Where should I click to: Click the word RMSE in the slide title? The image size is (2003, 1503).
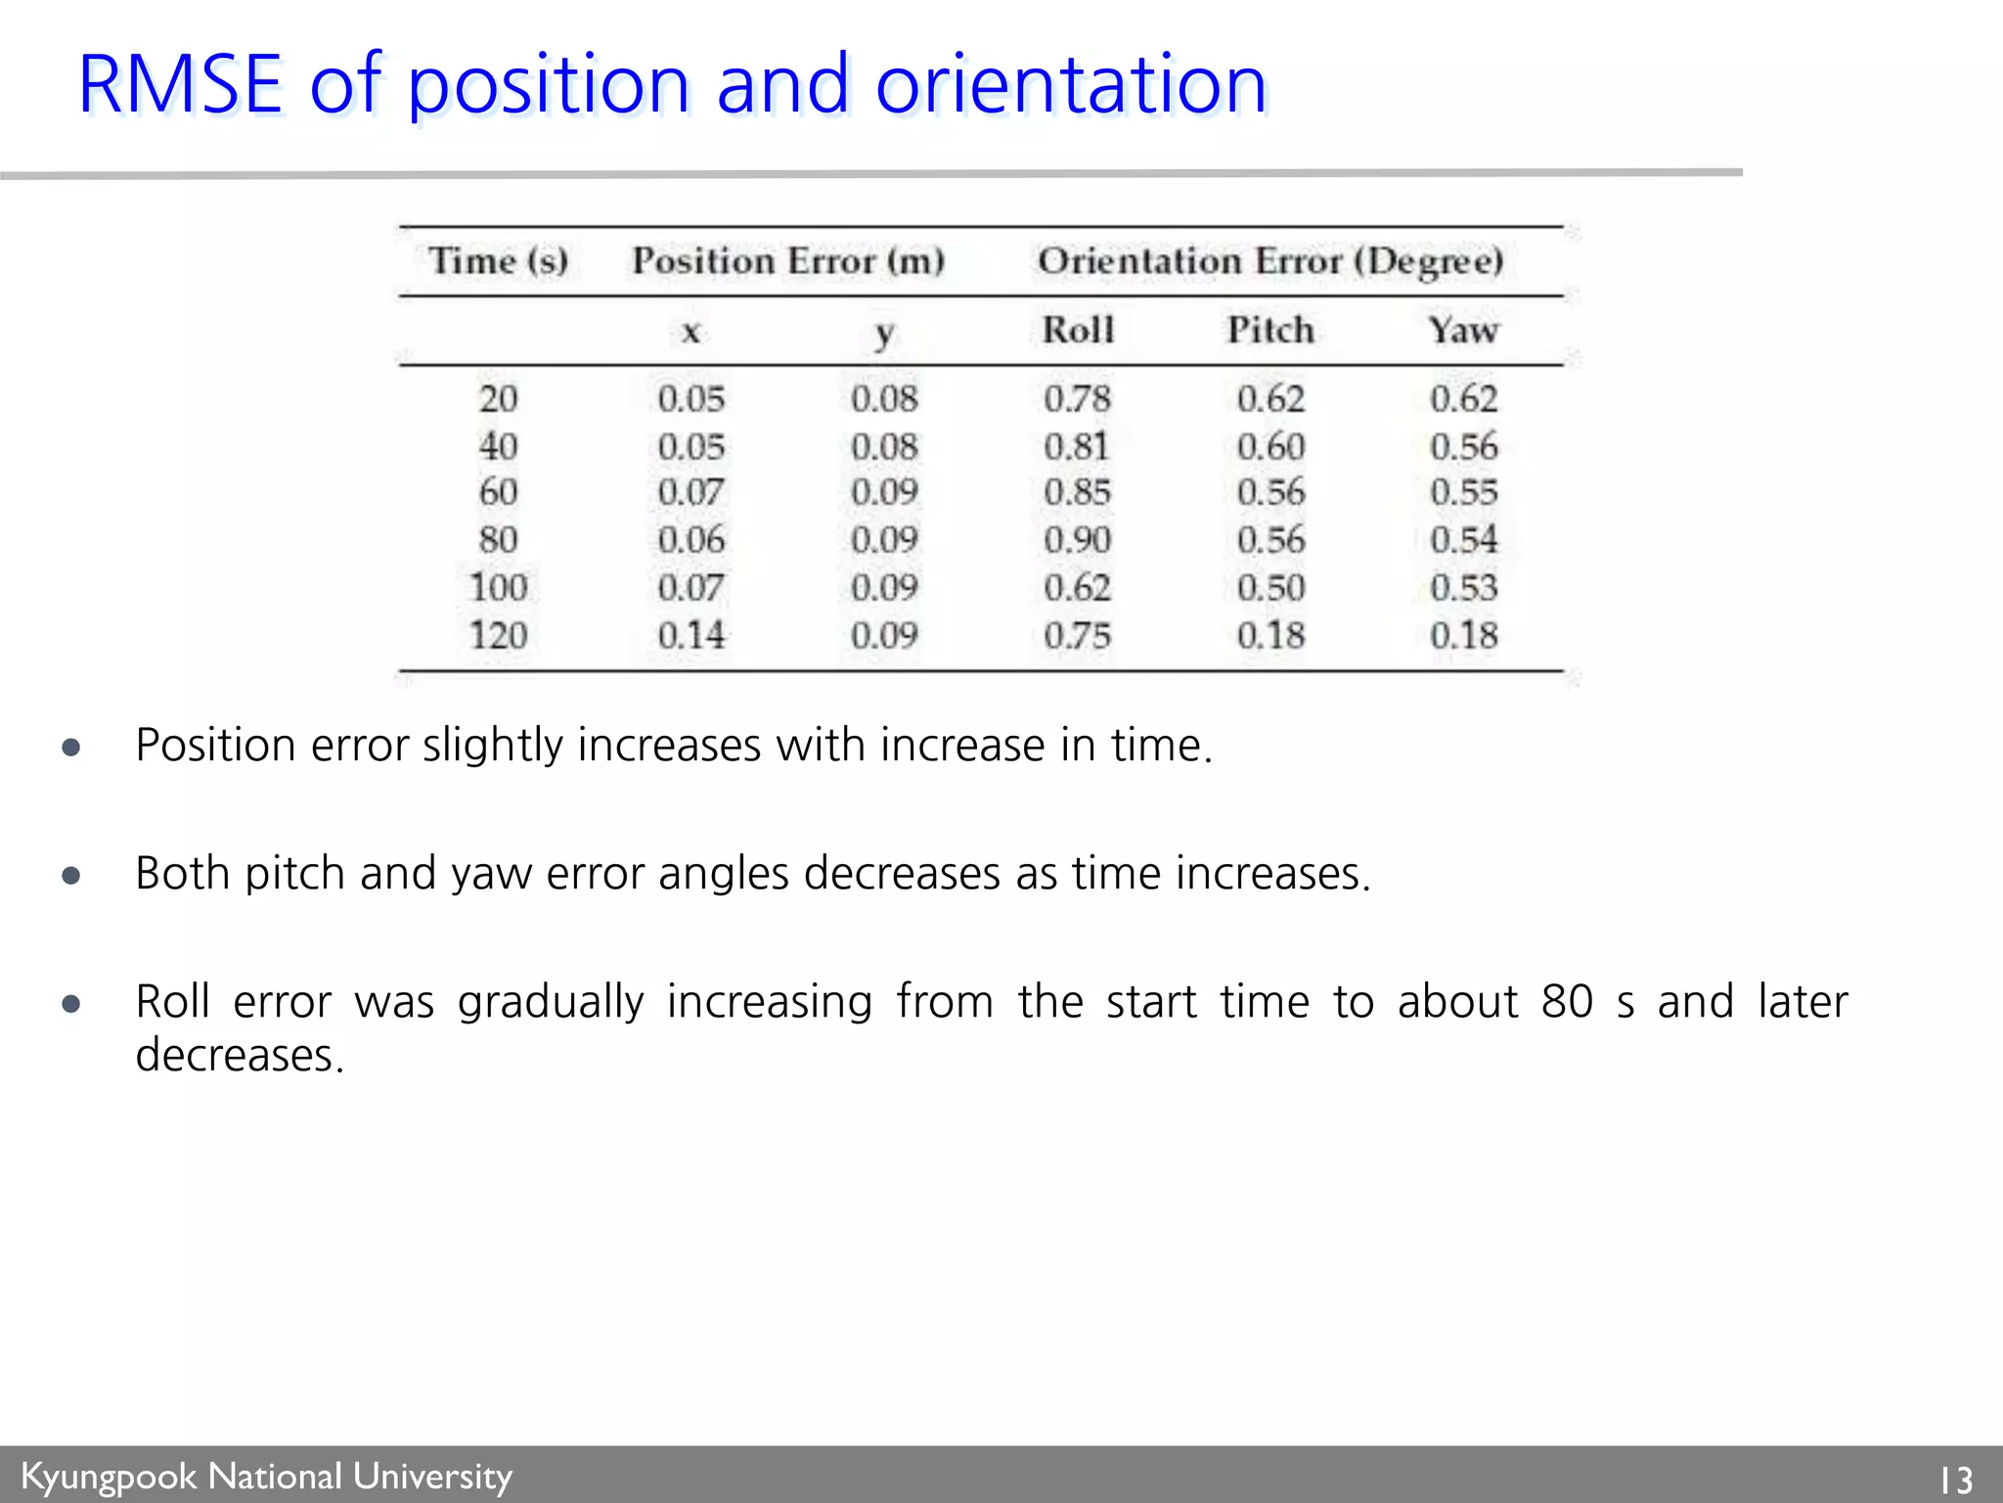coord(181,85)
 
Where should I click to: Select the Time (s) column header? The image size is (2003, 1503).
coord(498,261)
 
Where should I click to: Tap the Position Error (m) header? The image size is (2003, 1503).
coord(788,261)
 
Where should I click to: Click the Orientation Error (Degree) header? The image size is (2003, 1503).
coord(1270,261)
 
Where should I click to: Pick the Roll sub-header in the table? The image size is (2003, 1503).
coord(1078,331)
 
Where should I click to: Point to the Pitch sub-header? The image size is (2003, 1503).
coord(1270,331)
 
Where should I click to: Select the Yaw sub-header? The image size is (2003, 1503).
coord(1463,331)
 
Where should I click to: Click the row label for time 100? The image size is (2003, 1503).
coord(498,588)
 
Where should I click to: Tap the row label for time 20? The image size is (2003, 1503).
coord(498,399)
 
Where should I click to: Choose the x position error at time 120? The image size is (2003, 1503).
coord(691,636)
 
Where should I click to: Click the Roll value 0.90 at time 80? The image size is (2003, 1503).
coord(1078,540)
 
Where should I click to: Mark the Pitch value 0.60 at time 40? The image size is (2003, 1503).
coord(1270,447)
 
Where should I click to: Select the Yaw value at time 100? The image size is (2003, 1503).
coord(1463,588)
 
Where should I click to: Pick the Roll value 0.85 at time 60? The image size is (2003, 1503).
coord(1078,492)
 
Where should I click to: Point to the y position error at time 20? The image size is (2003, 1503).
coord(884,399)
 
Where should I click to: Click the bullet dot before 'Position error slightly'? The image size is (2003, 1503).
coord(70,749)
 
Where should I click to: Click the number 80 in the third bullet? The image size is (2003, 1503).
coord(1567,1002)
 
